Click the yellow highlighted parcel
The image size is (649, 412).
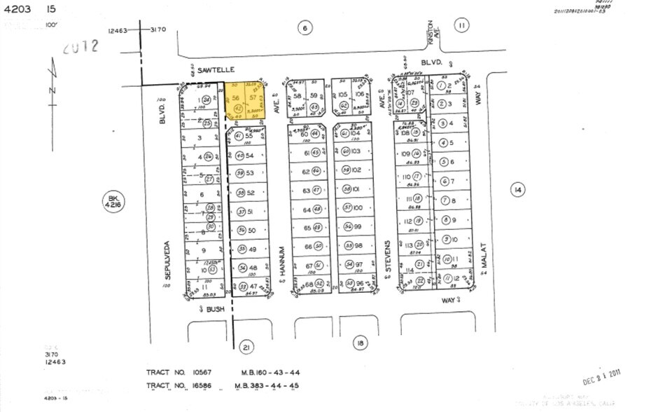[245, 102]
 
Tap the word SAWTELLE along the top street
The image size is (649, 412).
[211, 69]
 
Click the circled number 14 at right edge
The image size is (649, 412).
[517, 190]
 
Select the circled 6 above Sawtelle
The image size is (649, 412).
[305, 28]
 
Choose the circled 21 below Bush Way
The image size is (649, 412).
[245, 347]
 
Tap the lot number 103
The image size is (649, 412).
[356, 151]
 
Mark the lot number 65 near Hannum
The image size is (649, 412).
[307, 227]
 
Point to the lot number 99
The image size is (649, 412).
[358, 226]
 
